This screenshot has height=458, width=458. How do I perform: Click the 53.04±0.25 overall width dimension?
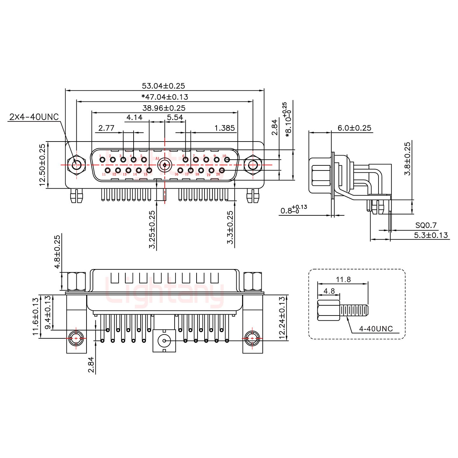click(163, 86)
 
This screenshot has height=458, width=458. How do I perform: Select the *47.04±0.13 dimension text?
click(165, 97)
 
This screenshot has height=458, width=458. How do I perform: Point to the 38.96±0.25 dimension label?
click(164, 108)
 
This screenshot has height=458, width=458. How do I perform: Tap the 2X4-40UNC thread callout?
click(34, 117)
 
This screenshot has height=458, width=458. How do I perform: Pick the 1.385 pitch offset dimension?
click(225, 128)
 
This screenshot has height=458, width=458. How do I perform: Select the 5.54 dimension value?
click(175, 117)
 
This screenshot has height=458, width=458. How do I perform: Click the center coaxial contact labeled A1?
click(164, 165)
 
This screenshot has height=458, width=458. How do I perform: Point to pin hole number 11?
click(108, 170)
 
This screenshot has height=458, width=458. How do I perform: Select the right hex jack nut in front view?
click(253, 165)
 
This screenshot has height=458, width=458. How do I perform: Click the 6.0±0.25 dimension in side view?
click(354, 128)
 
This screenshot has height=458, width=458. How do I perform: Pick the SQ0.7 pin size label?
click(426, 226)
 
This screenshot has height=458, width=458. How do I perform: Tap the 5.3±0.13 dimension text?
click(431, 235)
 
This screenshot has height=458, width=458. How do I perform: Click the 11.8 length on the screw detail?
click(343, 280)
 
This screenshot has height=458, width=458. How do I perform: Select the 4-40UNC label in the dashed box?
click(376, 329)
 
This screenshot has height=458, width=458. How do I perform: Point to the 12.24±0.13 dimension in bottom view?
click(281, 318)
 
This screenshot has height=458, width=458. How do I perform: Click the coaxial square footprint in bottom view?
click(164, 341)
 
